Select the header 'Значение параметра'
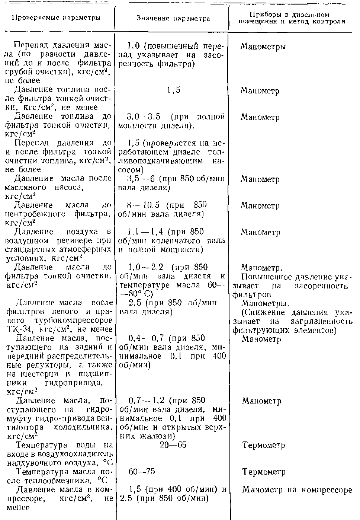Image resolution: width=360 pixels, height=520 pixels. click(173, 18)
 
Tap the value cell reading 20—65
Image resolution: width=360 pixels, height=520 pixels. click(173, 445)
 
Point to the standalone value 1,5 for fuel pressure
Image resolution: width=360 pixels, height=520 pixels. click(173, 90)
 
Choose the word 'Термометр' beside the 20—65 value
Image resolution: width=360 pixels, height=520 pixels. click(264, 445)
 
